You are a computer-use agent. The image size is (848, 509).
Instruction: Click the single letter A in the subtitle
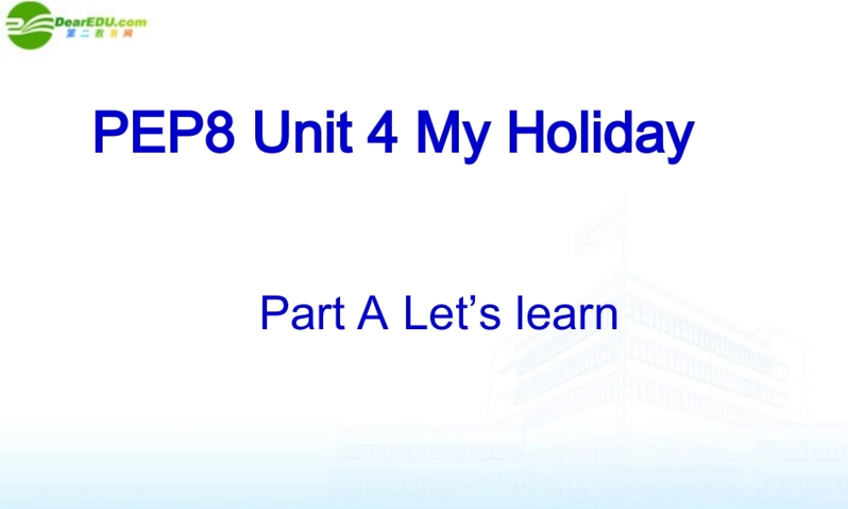[373, 313]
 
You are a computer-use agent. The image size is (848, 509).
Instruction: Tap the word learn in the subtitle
[566, 313]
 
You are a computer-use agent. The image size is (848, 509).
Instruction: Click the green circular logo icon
[29, 25]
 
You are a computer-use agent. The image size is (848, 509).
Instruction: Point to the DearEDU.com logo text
[100, 21]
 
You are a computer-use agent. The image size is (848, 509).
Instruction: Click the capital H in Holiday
[526, 133]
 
